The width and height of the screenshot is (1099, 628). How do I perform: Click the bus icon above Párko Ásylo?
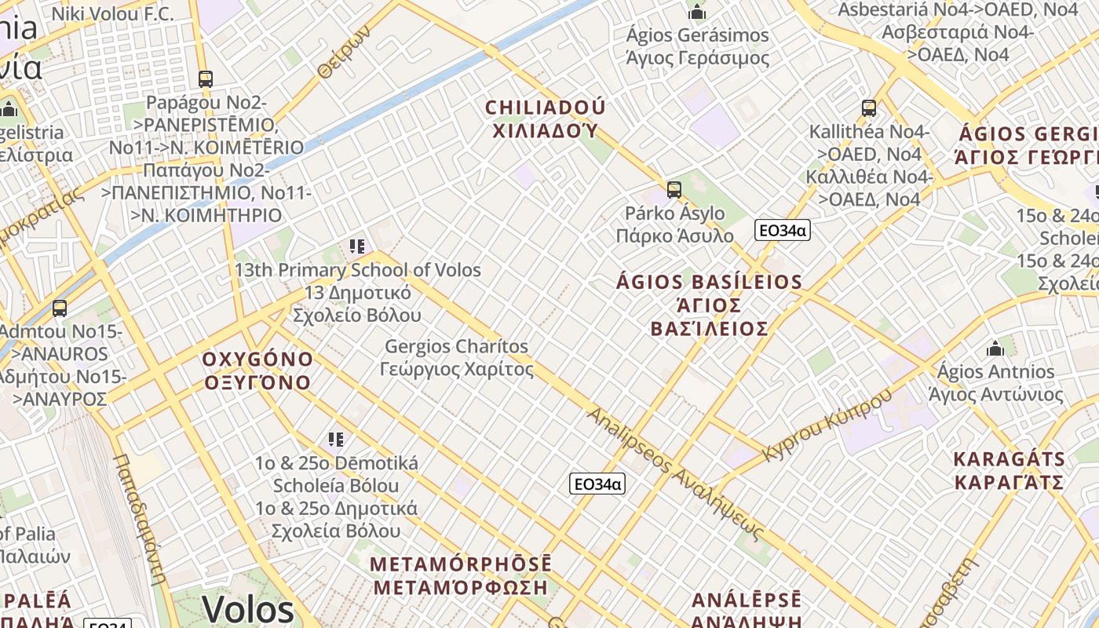click(674, 189)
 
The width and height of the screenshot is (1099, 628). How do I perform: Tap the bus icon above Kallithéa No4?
click(868, 108)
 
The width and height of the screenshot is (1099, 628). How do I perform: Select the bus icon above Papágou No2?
click(205, 79)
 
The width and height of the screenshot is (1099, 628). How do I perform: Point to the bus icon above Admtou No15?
click(59, 309)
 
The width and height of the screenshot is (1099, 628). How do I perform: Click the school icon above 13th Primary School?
click(357, 246)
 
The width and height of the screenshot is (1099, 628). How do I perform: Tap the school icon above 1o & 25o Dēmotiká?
click(336, 440)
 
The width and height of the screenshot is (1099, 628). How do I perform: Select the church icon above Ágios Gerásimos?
click(696, 13)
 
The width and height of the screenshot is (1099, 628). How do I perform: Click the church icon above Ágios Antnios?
click(995, 348)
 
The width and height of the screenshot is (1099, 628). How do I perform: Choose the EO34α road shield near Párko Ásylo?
click(782, 230)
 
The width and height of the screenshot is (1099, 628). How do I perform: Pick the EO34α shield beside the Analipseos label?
click(597, 484)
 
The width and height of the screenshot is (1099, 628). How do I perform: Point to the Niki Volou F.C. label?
click(112, 13)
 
